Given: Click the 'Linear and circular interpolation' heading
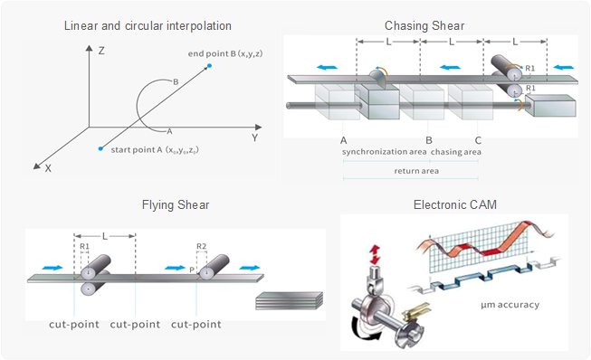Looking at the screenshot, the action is tap(148, 25).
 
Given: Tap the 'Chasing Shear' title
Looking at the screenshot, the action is tap(424, 25).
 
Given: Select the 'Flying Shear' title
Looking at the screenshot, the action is tap(176, 204).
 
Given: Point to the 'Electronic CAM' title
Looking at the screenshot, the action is tap(455, 204).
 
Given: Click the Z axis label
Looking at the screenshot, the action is tap(101, 51).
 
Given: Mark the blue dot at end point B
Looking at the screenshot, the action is tap(210, 66).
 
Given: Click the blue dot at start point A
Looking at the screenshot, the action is tap(100, 148).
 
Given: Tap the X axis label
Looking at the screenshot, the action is tap(48, 169).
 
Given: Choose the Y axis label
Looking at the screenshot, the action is tap(255, 137).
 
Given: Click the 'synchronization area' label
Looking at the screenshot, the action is tap(384, 152).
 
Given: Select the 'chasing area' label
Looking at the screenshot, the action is tap(456, 152).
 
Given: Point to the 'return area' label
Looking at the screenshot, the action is tap(416, 171).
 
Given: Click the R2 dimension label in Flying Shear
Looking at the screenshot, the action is tap(201, 246).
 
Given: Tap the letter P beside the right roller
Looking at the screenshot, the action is tap(192, 270).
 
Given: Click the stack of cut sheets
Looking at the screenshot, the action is tap(289, 300).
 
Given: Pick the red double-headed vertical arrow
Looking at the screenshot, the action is tap(375, 254).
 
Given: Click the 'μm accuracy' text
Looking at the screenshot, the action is tap(510, 305).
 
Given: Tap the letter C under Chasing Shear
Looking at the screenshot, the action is tap(478, 140).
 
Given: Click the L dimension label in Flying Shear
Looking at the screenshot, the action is tap(105, 236).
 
